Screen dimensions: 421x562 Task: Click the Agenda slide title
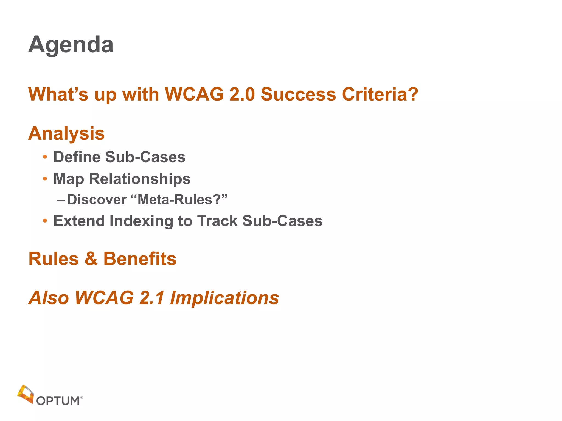(71, 45)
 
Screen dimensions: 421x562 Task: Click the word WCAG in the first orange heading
(194, 95)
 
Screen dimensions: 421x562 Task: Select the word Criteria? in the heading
(380, 95)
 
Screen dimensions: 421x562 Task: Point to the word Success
(298, 95)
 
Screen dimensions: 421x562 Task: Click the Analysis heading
(66, 133)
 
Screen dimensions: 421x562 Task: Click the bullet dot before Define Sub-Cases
(45, 157)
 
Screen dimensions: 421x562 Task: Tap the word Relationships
(140, 179)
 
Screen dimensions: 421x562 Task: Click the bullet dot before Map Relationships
(45, 179)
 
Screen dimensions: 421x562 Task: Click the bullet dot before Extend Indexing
(45, 221)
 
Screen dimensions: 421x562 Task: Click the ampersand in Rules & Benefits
(91, 259)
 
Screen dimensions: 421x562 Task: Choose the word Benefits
(140, 259)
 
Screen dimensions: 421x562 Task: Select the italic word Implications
(224, 298)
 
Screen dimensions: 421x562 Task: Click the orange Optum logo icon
(25, 394)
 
